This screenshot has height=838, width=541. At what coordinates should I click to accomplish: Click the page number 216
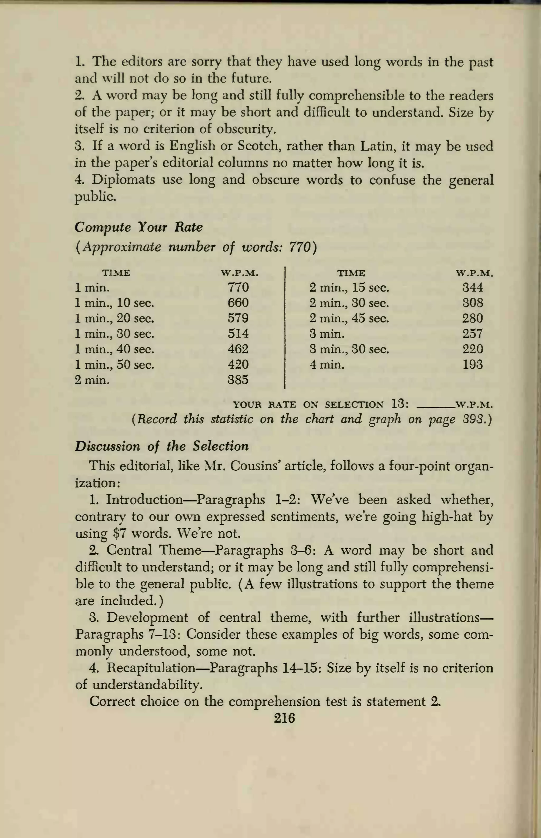point(284,718)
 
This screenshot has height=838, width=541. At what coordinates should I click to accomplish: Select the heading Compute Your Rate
point(138,227)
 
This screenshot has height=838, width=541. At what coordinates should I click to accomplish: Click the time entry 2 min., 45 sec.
point(349,318)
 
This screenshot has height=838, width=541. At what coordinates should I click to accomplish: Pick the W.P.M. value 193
point(473,364)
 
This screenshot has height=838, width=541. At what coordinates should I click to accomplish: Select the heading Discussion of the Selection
point(162,446)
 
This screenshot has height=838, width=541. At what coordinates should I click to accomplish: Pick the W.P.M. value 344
point(473,288)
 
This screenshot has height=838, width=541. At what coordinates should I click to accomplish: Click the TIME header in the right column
point(351,273)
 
